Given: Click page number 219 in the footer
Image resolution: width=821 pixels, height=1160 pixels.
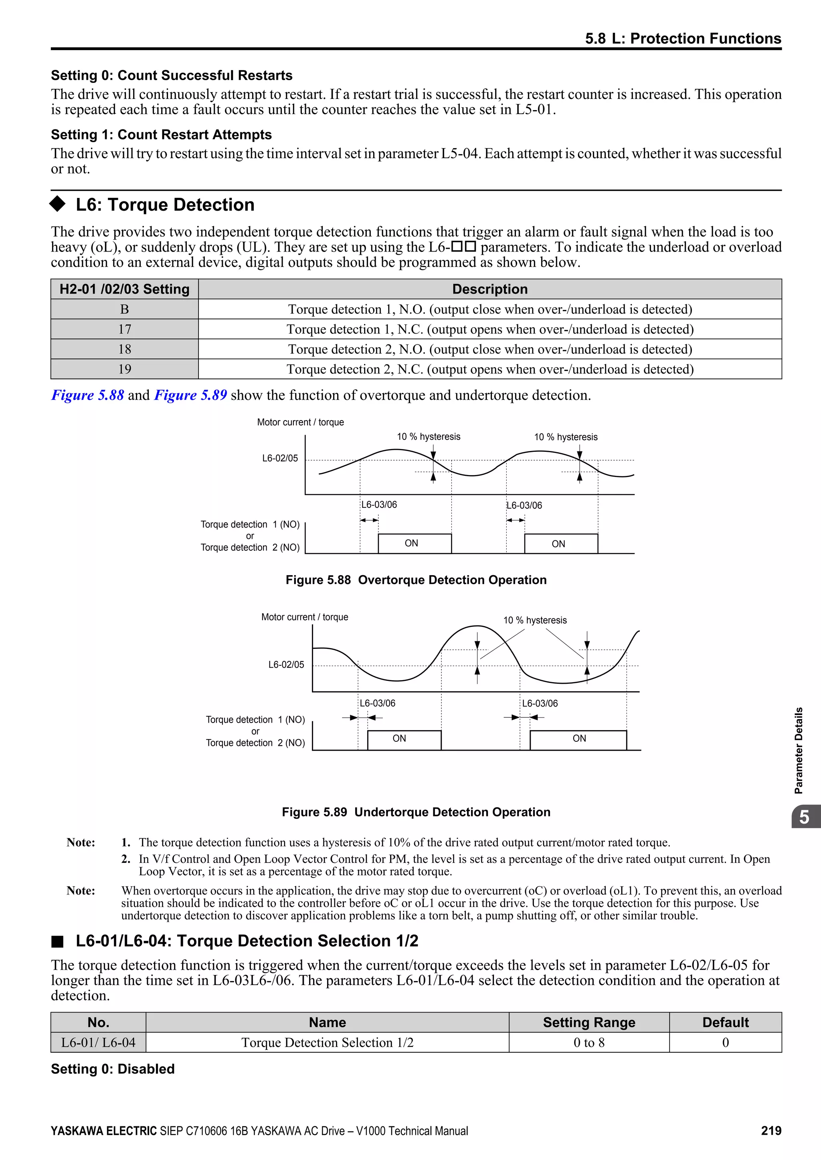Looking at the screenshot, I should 771,1131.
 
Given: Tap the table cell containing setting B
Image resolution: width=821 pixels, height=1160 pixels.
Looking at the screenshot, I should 124,309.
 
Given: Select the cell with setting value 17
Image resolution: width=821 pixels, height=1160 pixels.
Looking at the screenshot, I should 124,329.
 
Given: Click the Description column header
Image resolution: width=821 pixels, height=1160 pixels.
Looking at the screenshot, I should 489,289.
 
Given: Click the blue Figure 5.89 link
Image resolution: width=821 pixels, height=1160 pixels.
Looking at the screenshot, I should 190,395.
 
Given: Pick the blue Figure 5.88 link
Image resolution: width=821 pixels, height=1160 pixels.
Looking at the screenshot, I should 87,395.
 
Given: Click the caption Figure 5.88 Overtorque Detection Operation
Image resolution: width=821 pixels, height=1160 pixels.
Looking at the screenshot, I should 416,580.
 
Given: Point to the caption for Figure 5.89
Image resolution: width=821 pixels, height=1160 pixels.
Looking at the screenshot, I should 416,812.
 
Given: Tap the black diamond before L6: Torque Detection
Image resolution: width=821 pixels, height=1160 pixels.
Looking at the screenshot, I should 58,204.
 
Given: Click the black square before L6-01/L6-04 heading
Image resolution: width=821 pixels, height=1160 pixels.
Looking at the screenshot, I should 57,942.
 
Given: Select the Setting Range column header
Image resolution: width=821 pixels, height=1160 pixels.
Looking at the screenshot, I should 588,1023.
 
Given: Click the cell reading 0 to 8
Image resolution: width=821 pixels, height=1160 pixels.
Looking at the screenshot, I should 588,1043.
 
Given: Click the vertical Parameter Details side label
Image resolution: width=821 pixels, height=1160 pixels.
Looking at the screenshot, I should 798,750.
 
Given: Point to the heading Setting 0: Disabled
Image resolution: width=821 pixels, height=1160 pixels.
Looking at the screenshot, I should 113,1069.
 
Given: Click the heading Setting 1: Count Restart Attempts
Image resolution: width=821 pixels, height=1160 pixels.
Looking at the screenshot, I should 161,135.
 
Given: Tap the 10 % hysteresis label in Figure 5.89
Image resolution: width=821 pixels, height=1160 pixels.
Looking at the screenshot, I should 535,620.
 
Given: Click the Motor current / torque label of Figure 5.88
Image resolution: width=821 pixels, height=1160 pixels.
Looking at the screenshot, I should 300,422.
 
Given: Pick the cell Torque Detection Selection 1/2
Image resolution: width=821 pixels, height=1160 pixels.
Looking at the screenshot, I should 327,1043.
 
